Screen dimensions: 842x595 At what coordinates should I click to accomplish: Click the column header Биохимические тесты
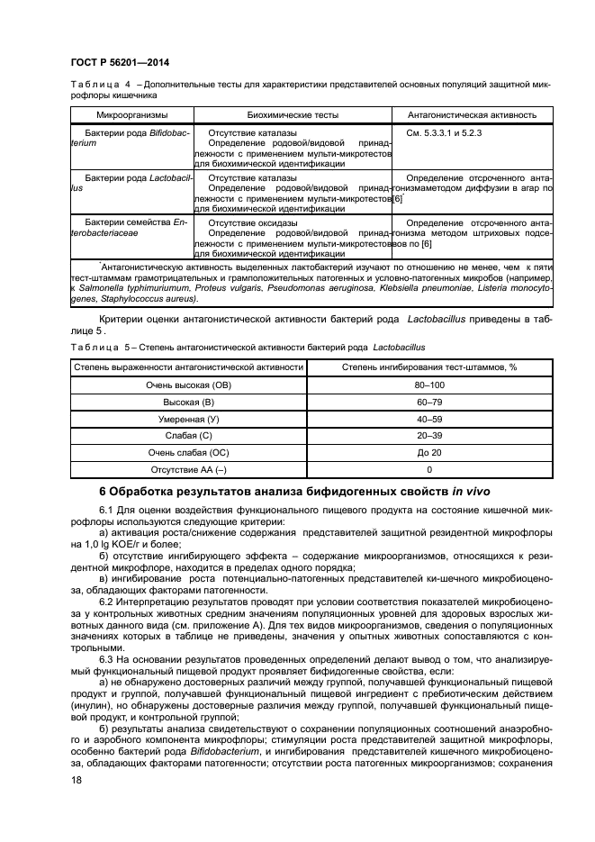(x=293, y=115)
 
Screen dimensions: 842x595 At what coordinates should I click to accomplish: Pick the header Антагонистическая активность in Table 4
(x=472, y=115)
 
